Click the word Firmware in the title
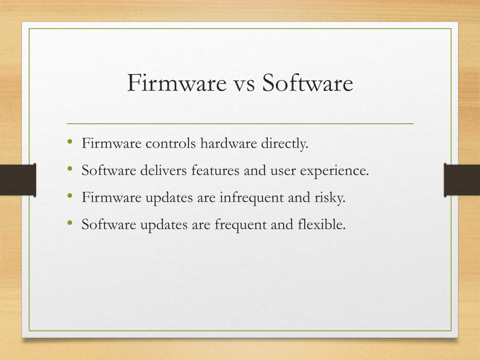coord(177,82)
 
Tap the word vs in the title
coord(244,84)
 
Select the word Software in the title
coord(307,82)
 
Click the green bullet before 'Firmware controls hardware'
coord(70,142)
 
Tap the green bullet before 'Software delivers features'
coord(70,169)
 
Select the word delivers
coord(164,170)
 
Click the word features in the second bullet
coord(215,170)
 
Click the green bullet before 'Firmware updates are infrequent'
coord(70,195)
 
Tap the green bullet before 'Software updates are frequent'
coord(70,223)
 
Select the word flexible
coord(322,225)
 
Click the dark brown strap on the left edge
coord(18,180)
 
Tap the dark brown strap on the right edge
coord(462,180)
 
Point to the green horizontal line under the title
coord(240,124)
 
